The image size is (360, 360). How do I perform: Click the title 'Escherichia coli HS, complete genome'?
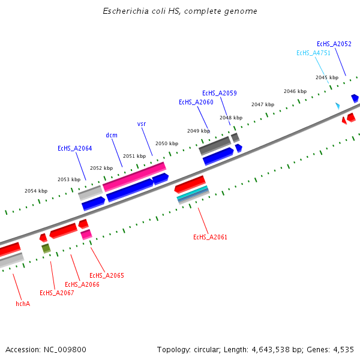point(180,11)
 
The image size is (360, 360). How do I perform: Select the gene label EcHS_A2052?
point(334,44)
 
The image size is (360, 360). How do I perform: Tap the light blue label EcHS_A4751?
point(313,53)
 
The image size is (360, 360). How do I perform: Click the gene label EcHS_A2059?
point(219,93)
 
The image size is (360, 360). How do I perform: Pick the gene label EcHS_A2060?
point(196,102)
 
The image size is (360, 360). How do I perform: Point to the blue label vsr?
point(142,124)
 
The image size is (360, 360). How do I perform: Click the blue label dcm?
point(112,135)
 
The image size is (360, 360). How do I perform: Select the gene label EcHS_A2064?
point(74,148)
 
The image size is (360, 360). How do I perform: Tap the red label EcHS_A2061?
point(210,237)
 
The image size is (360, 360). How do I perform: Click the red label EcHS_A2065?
point(106,275)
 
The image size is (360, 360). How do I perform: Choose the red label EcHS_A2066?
point(82,284)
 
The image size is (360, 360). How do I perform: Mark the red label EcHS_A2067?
point(56,293)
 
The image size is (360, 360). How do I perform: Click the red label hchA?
point(23,304)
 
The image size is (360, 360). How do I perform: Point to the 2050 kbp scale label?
point(166,143)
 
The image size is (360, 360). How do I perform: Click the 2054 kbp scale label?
point(35,191)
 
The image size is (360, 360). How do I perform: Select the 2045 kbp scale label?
point(326,77)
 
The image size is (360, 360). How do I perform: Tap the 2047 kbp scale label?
point(262,104)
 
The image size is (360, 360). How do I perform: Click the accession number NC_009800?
point(69,349)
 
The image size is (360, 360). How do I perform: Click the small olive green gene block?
point(46,248)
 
